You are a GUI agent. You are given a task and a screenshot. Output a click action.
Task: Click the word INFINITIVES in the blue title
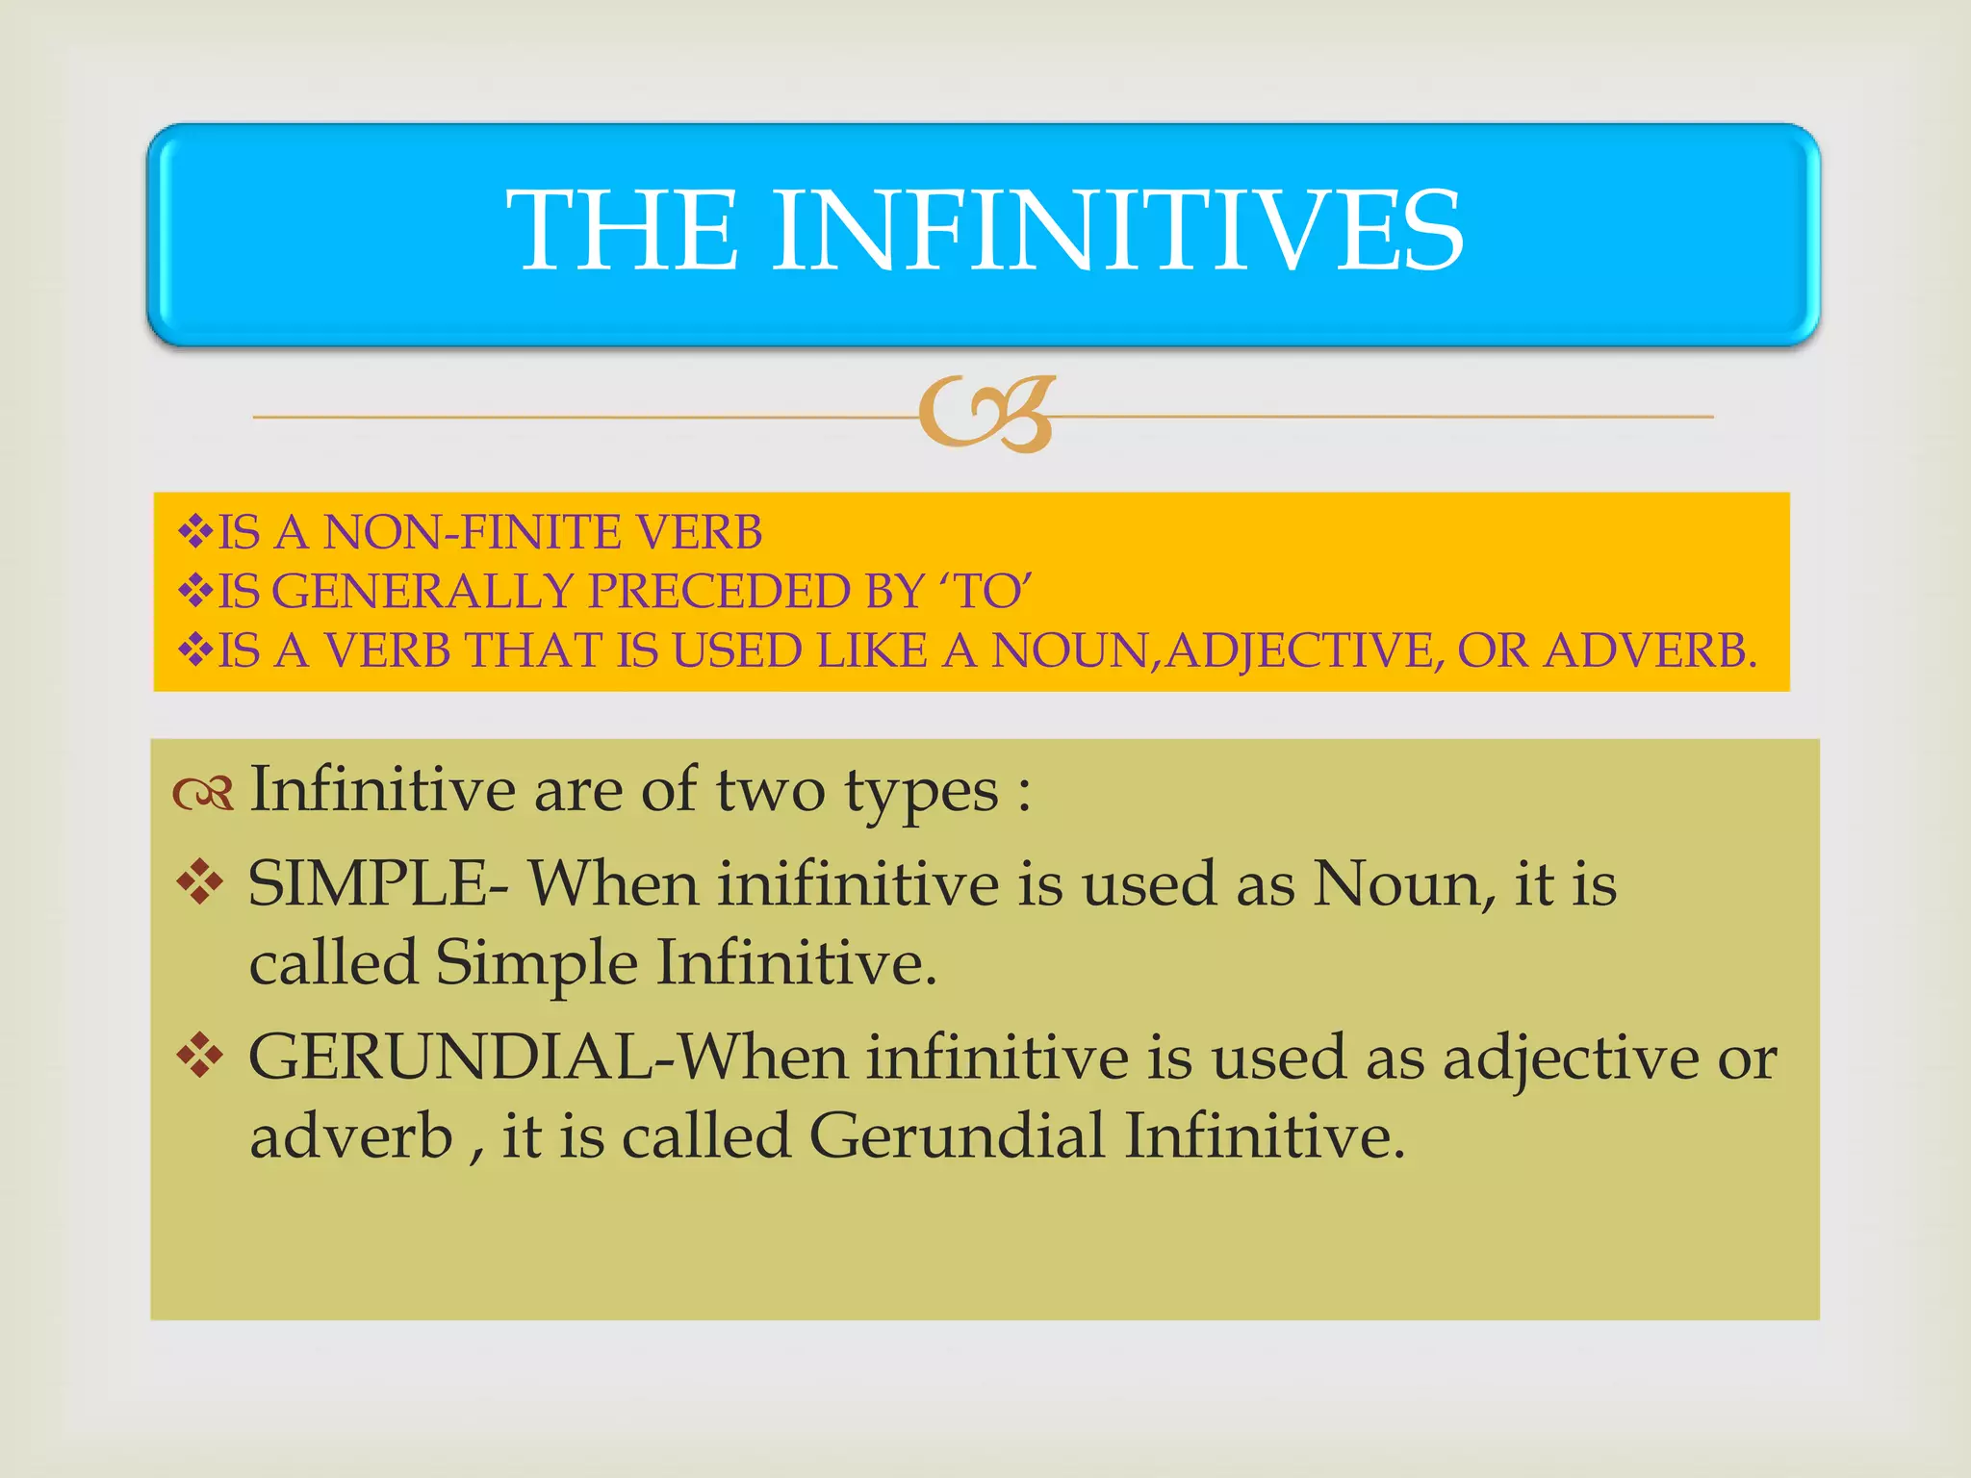pyautogui.click(x=1116, y=231)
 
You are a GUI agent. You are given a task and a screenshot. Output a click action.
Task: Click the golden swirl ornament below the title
pyautogui.click(x=987, y=414)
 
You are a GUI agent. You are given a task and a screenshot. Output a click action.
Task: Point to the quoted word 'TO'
pyautogui.click(x=992, y=591)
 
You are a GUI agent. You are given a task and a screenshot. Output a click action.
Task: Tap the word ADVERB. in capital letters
pyautogui.click(x=1651, y=650)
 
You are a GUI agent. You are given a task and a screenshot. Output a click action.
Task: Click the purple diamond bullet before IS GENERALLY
pyautogui.click(x=195, y=590)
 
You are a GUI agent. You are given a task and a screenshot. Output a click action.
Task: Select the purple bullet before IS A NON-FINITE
pyautogui.click(x=195, y=531)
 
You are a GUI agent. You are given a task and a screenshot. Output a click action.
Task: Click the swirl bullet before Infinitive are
pyautogui.click(x=203, y=793)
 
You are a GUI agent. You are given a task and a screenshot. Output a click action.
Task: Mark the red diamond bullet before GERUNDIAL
pyautogui.click(x=200, y=1057)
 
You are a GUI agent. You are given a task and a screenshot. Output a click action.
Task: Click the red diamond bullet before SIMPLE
pyautogui.click(x=200, y=882)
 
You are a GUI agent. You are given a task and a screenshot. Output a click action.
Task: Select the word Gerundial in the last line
pyautogui.click(x=957, y=1135)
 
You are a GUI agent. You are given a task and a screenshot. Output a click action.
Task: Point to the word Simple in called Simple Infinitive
pyautogui.click(x=536, y=962)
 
